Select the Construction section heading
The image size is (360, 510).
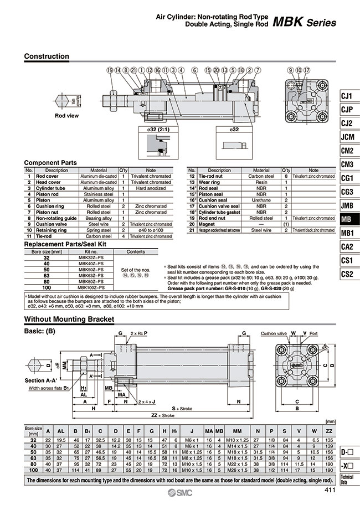coord(47,56)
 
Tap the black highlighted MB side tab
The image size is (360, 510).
coord(347,218)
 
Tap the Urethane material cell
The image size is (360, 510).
coord(261,200)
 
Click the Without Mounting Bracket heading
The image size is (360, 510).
coord(69,320)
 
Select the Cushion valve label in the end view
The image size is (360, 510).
coord(274,333)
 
